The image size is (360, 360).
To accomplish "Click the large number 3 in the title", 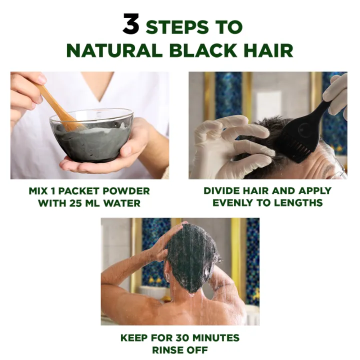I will [130, 24].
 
